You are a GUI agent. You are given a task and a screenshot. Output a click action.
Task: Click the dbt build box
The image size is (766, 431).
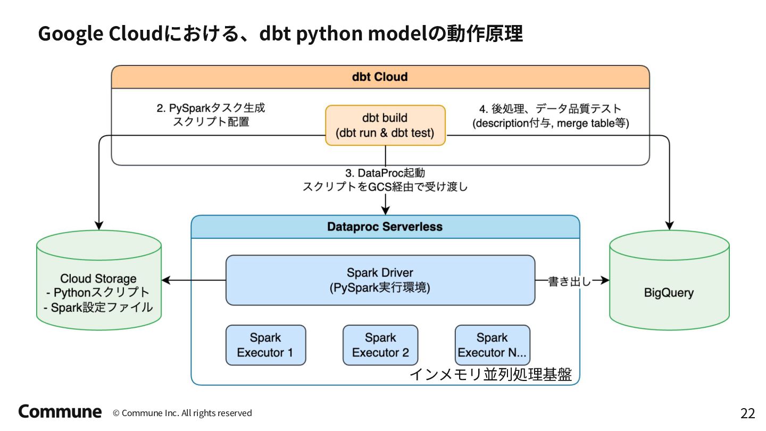point(385,125)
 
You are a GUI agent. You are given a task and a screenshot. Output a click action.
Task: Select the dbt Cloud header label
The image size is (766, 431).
point(380,77)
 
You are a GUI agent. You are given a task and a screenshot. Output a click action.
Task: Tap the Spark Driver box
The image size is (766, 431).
point(380,280)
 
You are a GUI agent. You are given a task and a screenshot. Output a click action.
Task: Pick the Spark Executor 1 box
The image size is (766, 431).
point(266,345)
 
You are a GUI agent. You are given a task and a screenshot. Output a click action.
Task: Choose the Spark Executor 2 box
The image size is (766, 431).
point(380,345)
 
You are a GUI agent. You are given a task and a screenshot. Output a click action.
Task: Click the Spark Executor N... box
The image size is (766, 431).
point(493,345)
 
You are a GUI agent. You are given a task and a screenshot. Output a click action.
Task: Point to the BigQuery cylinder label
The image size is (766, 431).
point(669,293)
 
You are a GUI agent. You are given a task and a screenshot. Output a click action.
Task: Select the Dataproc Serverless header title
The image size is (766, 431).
point(385,227)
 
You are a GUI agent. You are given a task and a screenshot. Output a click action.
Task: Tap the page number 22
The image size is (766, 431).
point(747,413)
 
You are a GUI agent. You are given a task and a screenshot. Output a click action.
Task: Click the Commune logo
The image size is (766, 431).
point(60,411)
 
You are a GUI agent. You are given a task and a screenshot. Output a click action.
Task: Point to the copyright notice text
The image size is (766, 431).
point(182,413)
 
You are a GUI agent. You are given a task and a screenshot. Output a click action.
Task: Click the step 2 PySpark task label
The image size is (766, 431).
point(211,115)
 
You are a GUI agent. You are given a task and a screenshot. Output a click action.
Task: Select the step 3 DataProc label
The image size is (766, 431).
point(385,180)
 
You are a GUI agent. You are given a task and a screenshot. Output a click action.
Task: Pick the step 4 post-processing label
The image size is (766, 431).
point(551,115)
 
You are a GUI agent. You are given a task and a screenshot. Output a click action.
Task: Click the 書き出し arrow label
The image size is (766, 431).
point(570,281)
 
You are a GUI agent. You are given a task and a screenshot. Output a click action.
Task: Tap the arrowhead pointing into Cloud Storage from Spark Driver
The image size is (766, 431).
point(165,280)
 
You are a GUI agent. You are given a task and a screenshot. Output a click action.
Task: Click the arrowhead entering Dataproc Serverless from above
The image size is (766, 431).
point(385,211)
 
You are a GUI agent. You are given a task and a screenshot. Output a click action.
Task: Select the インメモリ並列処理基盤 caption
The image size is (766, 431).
point(490,374)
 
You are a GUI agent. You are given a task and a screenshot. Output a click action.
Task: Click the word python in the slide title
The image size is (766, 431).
point(329,34)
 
